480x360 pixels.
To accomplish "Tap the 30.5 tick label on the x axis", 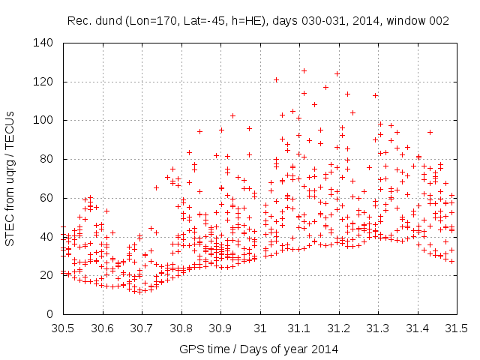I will (x=63, y=328).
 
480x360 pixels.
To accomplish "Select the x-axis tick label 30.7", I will (x=142, y=328).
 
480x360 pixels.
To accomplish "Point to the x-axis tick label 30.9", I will (x=220, y=328).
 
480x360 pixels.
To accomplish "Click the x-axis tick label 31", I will (x=260, y=328).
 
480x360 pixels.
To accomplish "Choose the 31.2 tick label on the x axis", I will (x=339, y=328).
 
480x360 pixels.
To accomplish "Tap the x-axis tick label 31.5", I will (x=457, y=328).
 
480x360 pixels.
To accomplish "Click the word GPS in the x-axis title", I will (x=191, y=349).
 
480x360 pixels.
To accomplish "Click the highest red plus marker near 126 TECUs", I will (x=304, y=70).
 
